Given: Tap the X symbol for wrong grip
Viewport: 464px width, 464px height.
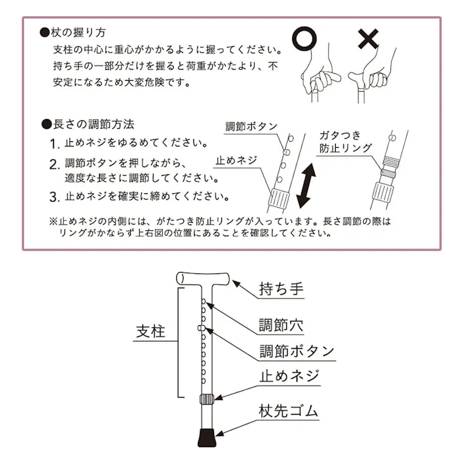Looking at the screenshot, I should tap(368, 40).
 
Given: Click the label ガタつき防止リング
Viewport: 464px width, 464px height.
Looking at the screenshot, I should tap(345, 142).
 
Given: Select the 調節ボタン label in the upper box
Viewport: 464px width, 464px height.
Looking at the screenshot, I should tap(251, 126).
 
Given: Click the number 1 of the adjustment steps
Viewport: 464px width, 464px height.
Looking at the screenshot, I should tap(55, 143).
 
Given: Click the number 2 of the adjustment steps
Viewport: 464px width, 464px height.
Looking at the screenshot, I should tap(55, 163).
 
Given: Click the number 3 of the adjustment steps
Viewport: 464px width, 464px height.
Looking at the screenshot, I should tap(55, 197).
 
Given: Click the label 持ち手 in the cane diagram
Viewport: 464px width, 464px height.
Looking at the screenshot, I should tap(282, 289).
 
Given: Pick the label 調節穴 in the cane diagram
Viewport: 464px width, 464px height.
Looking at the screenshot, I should tap(281, 325).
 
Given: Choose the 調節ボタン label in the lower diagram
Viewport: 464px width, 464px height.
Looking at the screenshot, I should tap(296, 351).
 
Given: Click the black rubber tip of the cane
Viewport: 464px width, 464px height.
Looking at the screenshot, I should tap(206, 437).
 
